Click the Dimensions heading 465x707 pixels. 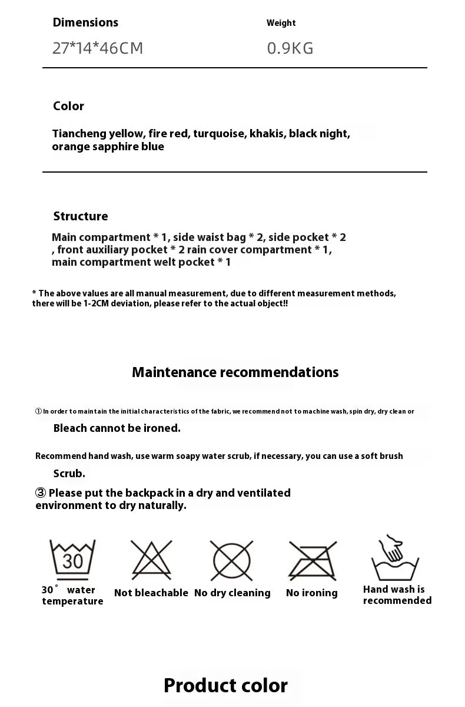(85, 22)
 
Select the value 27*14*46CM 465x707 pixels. (98, 48)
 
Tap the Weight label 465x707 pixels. (281, 23)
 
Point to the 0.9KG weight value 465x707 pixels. (290, 48)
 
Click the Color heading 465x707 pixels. (68, 106)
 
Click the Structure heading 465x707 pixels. (81, 216)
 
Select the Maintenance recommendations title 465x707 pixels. (235, 372)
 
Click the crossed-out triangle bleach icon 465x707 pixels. (151, 560)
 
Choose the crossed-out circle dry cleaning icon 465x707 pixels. (232, 560)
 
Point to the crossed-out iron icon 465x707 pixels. (313, 560)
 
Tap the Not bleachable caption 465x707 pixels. (151, 593)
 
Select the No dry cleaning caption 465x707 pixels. (232, 593)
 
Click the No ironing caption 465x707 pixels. (312, 593)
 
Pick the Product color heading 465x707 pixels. (225, 686)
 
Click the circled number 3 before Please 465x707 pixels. (41, 493)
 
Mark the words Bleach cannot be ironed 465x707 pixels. (117, 428)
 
